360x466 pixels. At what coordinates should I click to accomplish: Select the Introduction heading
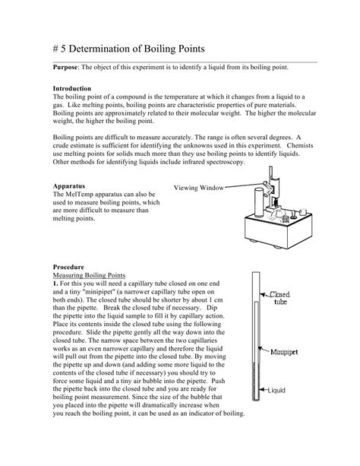(x=74, y=89)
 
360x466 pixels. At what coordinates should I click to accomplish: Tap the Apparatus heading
(x=68, y=185)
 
